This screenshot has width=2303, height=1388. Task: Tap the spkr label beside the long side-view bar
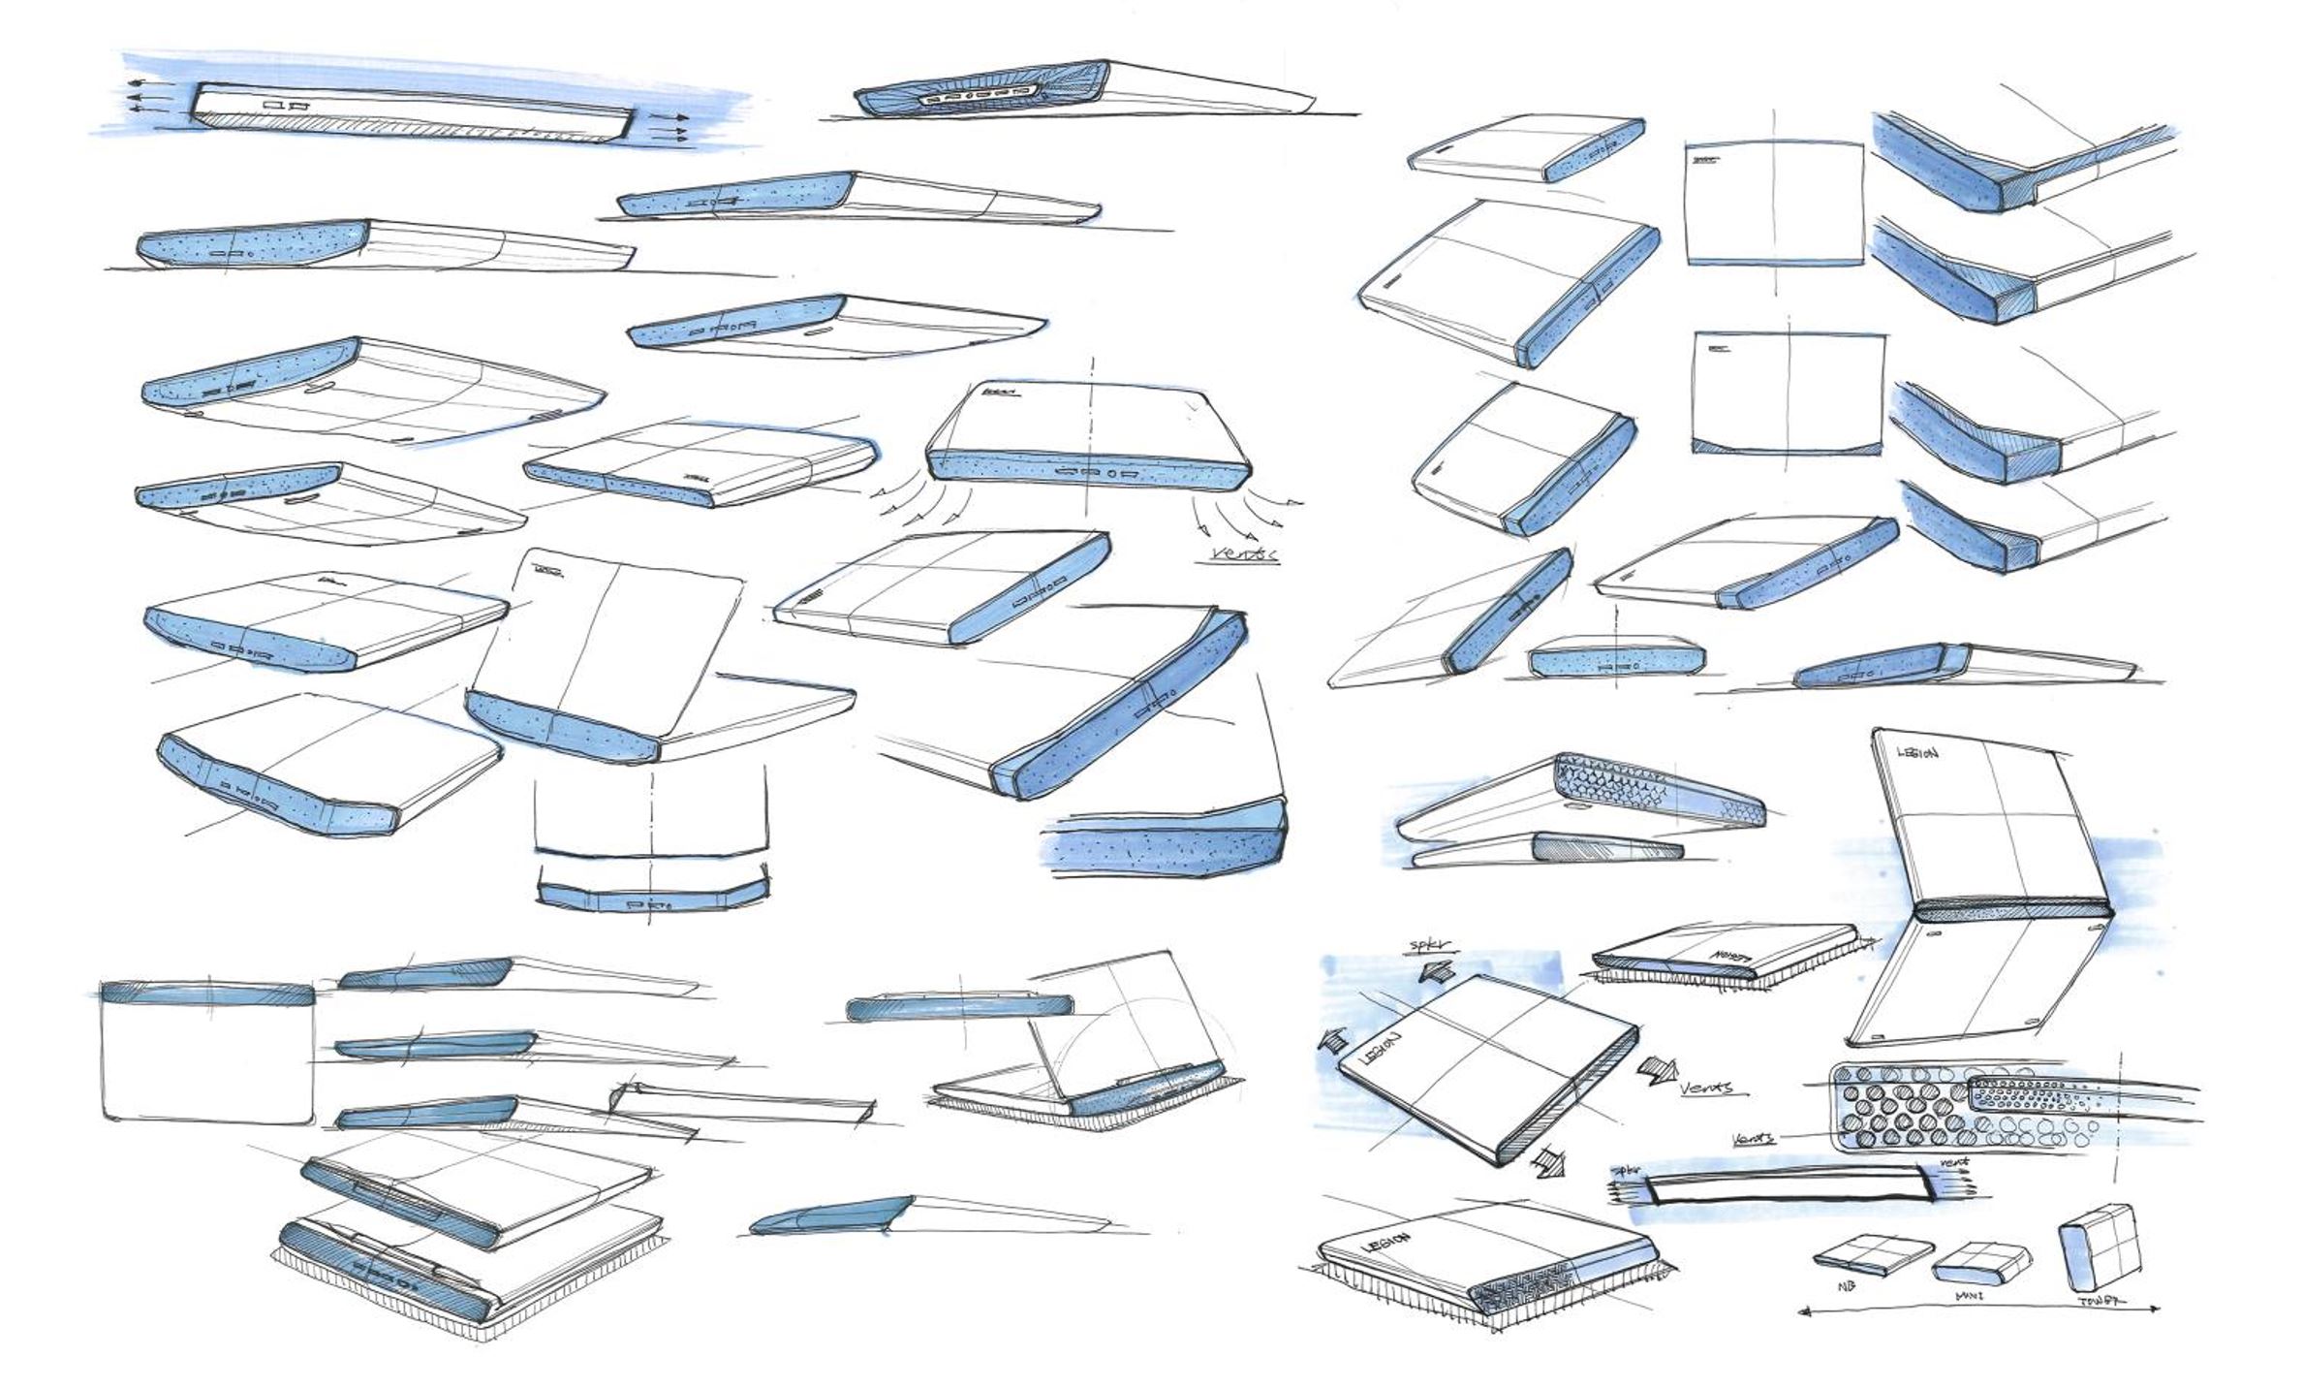(x=1623, y=1171)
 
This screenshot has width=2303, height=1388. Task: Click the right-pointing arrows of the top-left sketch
(x=669, y=127)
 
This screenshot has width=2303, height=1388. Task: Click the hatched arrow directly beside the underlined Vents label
(x=1658, y=1070)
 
